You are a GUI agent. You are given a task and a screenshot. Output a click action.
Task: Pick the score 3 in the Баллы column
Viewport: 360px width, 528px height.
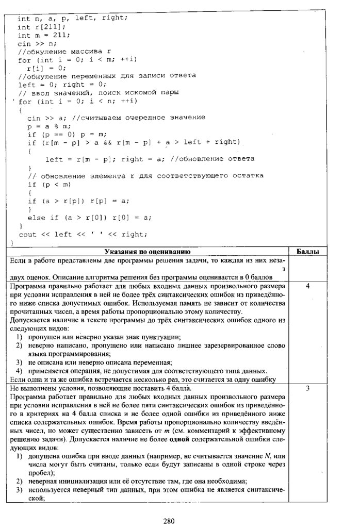pyautogui.click(x=307, y=388)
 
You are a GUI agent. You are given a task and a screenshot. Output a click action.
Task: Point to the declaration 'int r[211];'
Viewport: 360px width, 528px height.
pyautogui.click(x=41, y=26)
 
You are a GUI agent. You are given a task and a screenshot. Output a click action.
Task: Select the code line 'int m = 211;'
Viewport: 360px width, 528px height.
pyautogui.click(x=43, y=35)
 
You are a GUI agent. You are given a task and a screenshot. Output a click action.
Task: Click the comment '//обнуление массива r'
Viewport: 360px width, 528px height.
pyautogui.click(x=64, y=52)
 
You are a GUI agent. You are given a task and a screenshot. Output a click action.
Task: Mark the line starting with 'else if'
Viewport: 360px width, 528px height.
pyautogui.click(x=89, y=217)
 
